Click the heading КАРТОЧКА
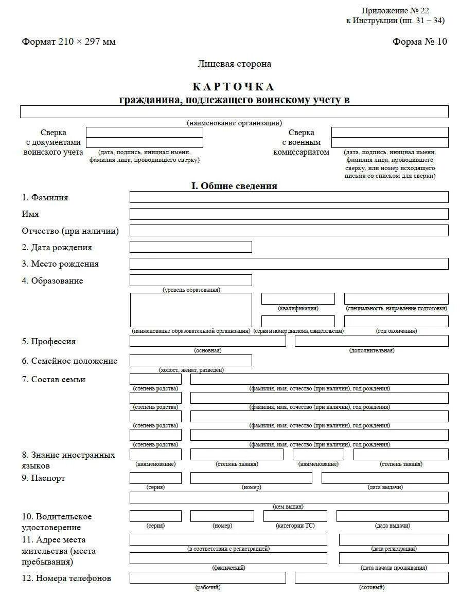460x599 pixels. pyautogui.click(x=234, y=87)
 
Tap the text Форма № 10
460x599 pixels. pyautogui.click(x=420, y=42)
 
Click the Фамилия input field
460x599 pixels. pyautogui.click(x=289, y=197)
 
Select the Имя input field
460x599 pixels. pyautogui.click(x=289, y=214)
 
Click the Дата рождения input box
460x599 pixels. pyautogui.click(x=190, y=247)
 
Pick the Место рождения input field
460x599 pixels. pyautogui.click(x=289, y=264)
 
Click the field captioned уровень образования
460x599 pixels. pyautogui.click(x=190, y=280)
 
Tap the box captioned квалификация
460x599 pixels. pyautogui.click(x=298, y=299)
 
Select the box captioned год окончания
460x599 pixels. pyautogui.click(x=396, y=322)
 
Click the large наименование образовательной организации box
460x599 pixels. pyautogui.click(x=190, y=310)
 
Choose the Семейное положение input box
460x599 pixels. pyautogui.click(x=190, y=361)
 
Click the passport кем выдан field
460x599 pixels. pyautogui.click(x=289, y=497)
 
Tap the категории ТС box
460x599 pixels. pyautogui.click(x=295, y=516)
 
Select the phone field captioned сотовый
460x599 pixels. pyautogui.click(x=371, y=578)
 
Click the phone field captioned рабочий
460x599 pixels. pyautogui.click(x=207, y=578)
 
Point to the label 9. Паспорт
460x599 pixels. pyautogui.click(x=44, y=478)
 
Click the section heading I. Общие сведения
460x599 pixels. pyautogui.click(x=234, y=186)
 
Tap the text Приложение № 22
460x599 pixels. pyautogui.click(x=395, y=11)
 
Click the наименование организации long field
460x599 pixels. pyautogui.click(x=234, y=111)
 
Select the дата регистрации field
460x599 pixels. pyautogui.click(x=393, y=539)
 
